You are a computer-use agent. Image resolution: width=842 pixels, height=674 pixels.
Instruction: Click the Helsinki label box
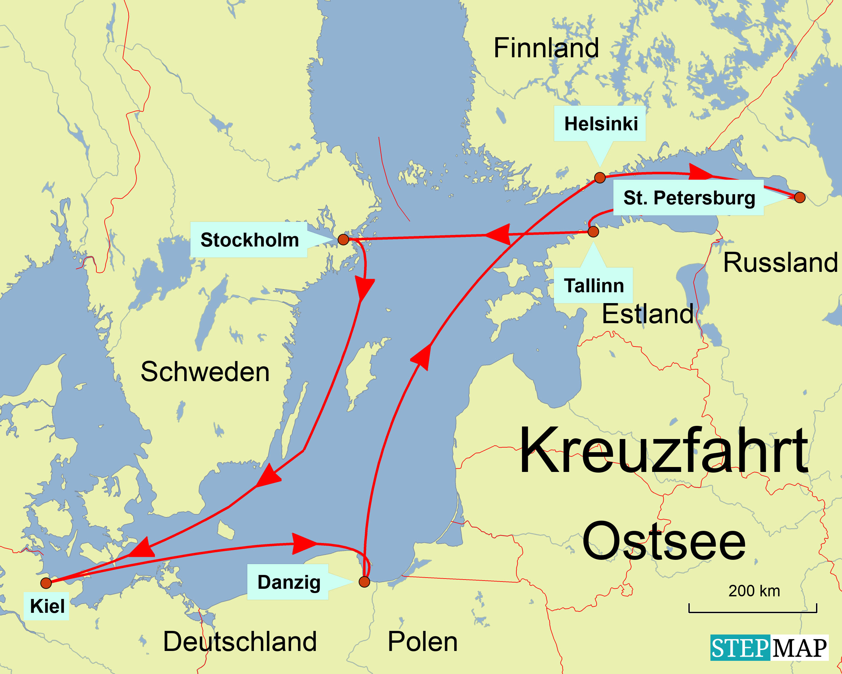click(x=600, y=123)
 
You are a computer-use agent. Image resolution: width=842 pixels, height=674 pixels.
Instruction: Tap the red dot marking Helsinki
click(x=600, y=177)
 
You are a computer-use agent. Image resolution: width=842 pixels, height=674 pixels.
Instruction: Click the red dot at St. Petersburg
click(x=800, y=197)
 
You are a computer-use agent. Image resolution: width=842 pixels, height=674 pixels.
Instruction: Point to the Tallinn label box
click(x=593, y=286)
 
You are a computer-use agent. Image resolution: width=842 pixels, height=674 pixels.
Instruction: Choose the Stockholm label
click(x=249, y=240)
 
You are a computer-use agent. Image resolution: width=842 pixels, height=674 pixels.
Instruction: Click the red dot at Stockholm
click(x=343, y=240)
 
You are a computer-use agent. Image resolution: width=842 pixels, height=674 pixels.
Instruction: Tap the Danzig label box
click(x=288, y=582)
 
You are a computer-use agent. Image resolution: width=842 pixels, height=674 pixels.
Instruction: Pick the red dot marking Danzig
click(x=364, y=582)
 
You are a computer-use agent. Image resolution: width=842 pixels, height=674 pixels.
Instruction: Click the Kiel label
click(x=47, y=606)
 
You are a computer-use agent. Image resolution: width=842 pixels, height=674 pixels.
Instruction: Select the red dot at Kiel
click(x=46, y=583)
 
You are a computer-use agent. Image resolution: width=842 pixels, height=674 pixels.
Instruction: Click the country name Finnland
click(x=546, y=48)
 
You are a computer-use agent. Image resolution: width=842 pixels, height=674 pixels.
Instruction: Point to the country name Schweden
click(x=205, y=372)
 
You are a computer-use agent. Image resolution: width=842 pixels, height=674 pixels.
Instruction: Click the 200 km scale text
click(x=754, y=591)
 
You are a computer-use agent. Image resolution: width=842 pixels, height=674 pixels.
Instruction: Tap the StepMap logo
click(x=769, y=648)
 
